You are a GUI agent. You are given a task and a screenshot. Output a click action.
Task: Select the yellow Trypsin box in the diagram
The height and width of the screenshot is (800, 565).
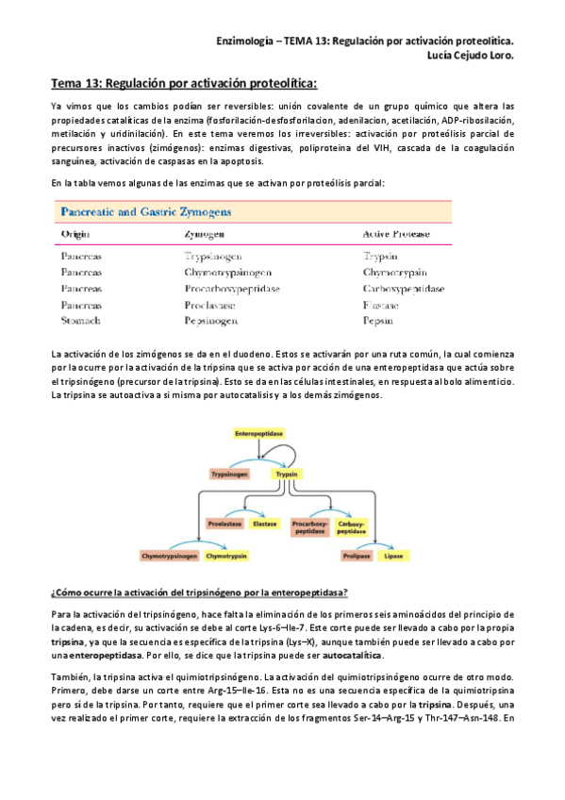coord(286,475)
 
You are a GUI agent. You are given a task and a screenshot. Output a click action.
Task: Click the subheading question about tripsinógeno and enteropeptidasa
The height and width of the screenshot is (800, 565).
coord(199,592)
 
